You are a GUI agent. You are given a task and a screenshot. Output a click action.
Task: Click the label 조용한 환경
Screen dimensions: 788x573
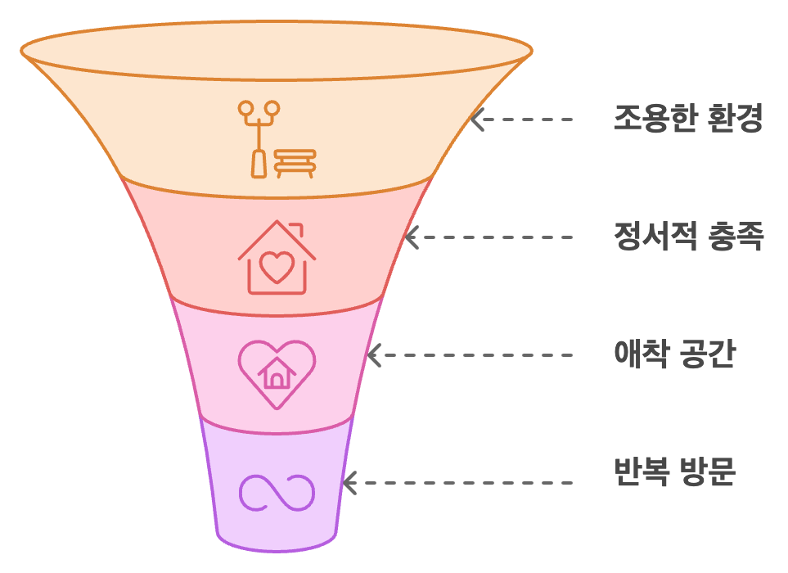[x=687, y=120]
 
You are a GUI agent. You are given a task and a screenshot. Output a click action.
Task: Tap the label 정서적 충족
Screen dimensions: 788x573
[x=687, y=237]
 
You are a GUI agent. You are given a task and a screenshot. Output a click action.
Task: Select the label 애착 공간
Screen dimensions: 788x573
[x=675, y=355]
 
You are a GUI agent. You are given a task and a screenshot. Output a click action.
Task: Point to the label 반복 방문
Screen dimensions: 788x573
[x=675, y=473]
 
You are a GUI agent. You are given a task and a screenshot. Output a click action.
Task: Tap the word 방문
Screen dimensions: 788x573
[x=708, y=473]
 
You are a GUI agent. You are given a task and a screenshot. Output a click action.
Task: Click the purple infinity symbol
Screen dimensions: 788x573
[x=277, y=492]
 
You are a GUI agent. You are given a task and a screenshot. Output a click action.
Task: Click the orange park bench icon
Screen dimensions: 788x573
[x=294, y=161]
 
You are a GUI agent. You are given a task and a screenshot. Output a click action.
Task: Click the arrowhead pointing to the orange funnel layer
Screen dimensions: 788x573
[x=478, y=120]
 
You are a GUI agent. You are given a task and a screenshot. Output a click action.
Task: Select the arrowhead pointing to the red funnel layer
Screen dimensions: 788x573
[x=412, y=237]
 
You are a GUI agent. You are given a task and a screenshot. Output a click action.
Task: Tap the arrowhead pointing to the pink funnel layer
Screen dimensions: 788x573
[x=374, y=355]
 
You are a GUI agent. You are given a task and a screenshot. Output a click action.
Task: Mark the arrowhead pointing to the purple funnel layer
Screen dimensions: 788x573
[x=349, y=481]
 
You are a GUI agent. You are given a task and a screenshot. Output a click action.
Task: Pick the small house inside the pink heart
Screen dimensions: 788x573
[x=277, y=374]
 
